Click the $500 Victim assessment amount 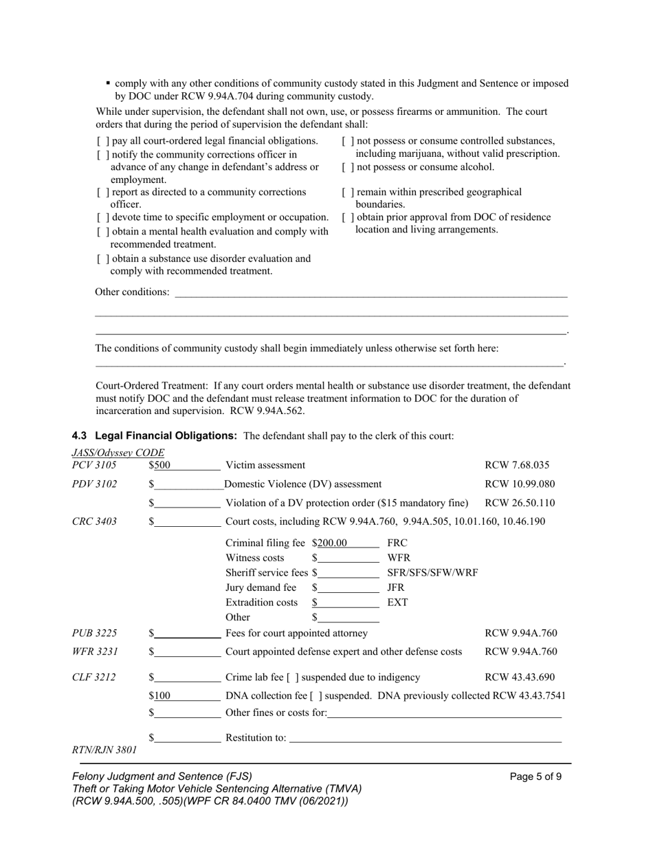160,466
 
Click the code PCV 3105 94,466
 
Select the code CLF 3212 94,677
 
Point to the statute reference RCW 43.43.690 520,677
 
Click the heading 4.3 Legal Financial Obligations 155,436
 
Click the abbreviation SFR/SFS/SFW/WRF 432,572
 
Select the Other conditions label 132,292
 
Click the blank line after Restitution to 425,738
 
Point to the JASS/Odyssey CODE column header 118,453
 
